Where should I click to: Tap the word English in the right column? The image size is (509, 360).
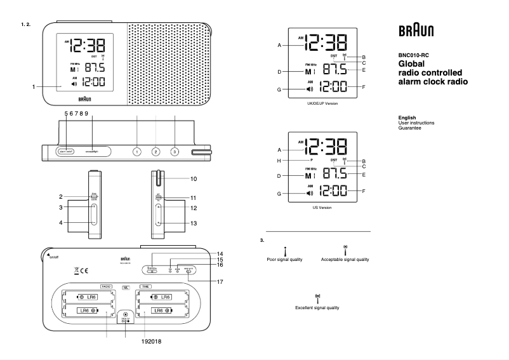406,117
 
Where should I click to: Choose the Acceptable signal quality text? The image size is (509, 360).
345,260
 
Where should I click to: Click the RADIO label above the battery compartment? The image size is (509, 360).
106,286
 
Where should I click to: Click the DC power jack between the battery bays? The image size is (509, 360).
126,314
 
